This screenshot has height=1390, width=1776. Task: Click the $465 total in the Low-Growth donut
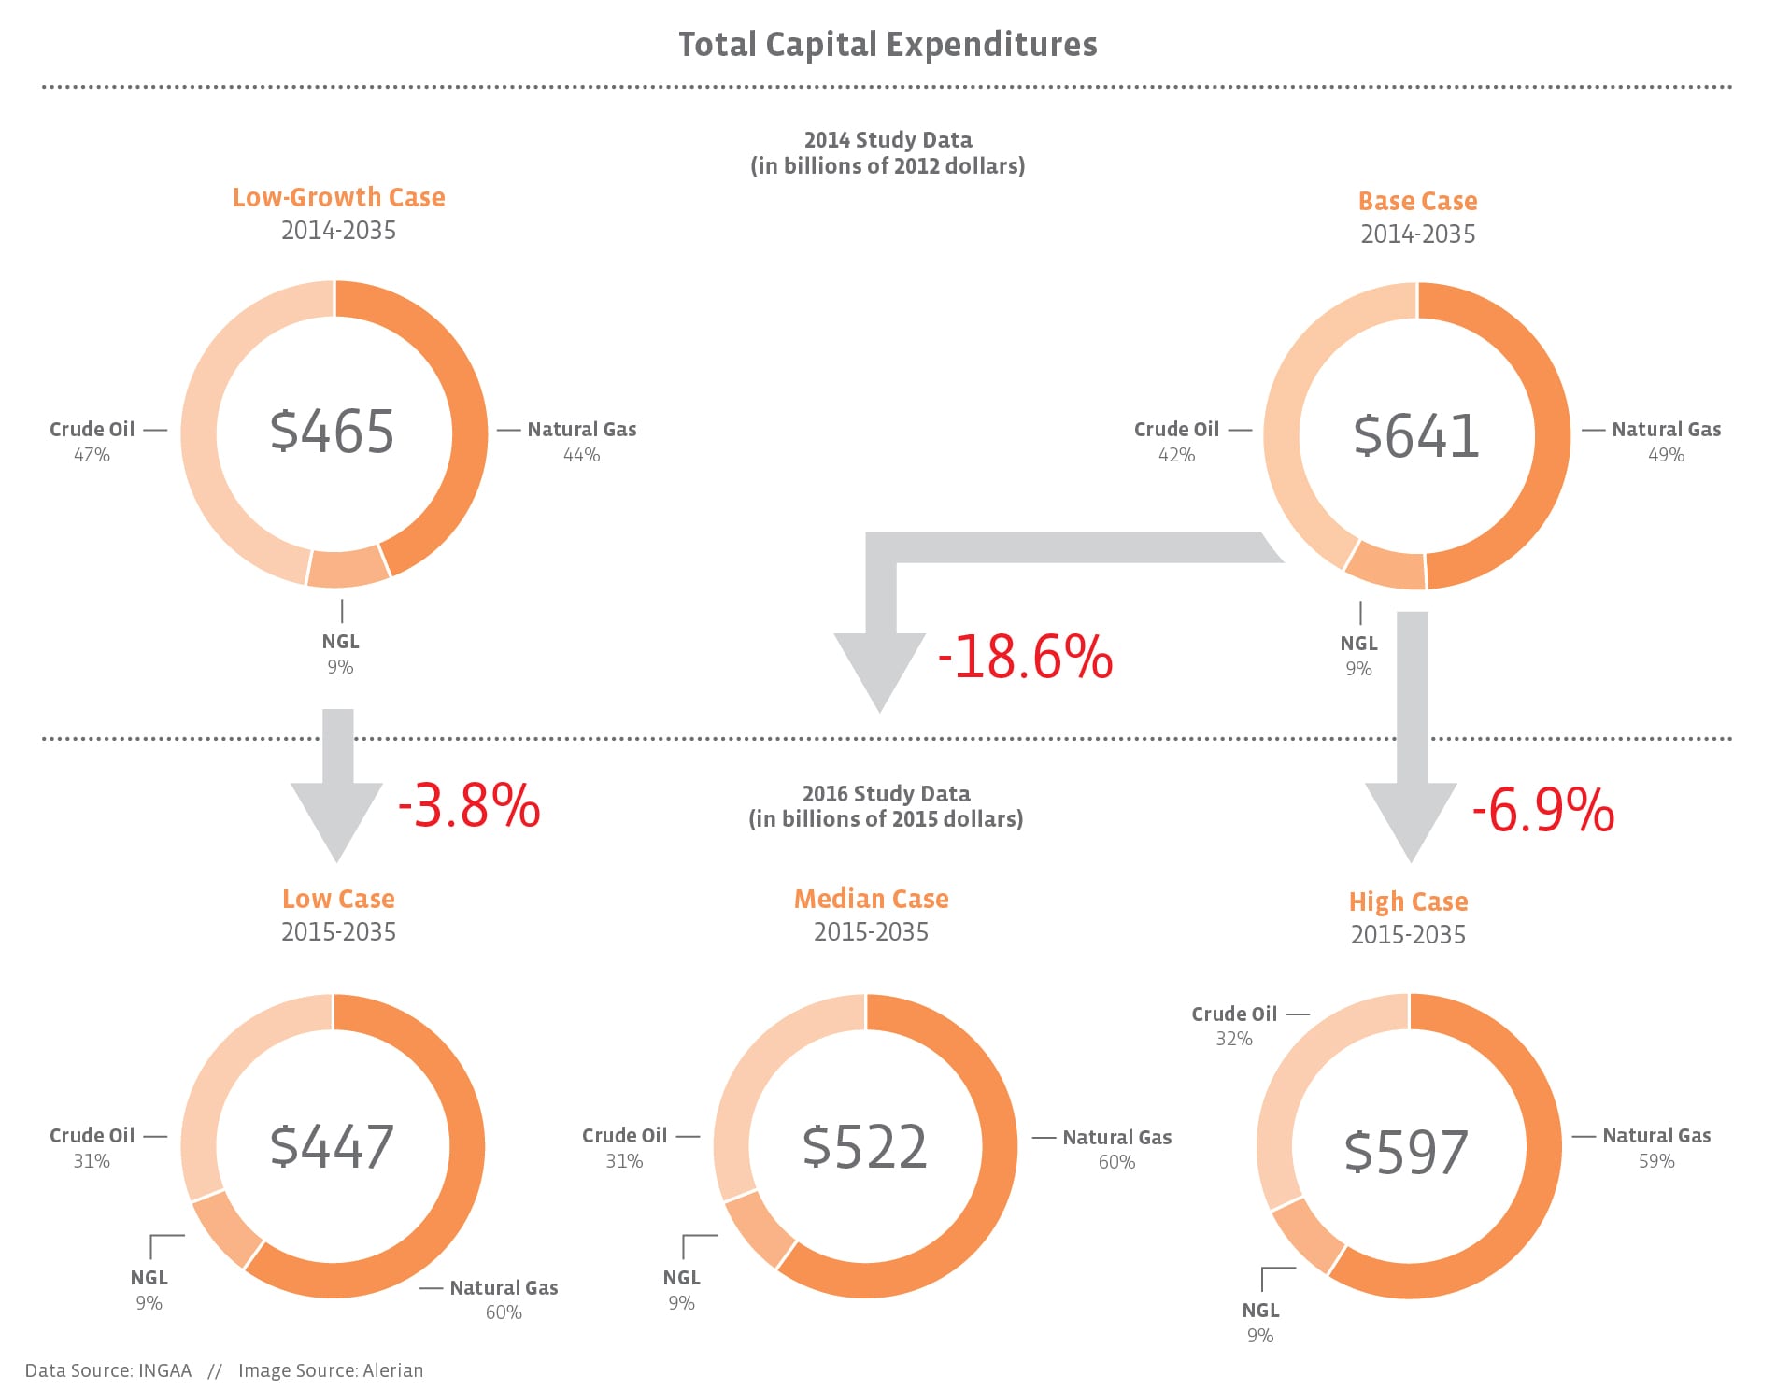(x=333, y=432)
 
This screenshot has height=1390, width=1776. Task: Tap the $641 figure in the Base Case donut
(x=1416, y=436)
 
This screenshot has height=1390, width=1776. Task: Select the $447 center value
(x=333, y=1146)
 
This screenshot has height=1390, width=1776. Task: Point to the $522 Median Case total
(x=865, y=1146)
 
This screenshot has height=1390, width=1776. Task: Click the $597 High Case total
(x=1406, y=1152)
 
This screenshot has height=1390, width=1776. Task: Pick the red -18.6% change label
(x=1025, y=657)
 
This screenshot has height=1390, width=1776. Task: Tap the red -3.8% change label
(x=469, y=806)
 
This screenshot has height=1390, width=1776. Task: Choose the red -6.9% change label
(x=1542, y=810)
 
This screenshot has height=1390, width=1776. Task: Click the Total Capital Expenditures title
(x=888, y=45)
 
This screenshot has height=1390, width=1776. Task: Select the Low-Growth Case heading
(x=338, y=198)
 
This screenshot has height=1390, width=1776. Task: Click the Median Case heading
(x=871, y=899)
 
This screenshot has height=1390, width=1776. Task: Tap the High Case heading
(x=1408, y=901)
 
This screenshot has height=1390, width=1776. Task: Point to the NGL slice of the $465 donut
(x=348, y=567)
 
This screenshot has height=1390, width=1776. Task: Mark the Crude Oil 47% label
(x=92, y=442)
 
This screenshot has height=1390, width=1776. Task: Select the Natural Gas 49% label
(x=1666, y=442)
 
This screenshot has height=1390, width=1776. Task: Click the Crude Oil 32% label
(x=1234, y=1026)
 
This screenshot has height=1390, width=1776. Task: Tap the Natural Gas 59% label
(x=1656, y=1148)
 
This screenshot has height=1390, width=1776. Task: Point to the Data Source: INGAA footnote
(x=108, y=1370)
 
